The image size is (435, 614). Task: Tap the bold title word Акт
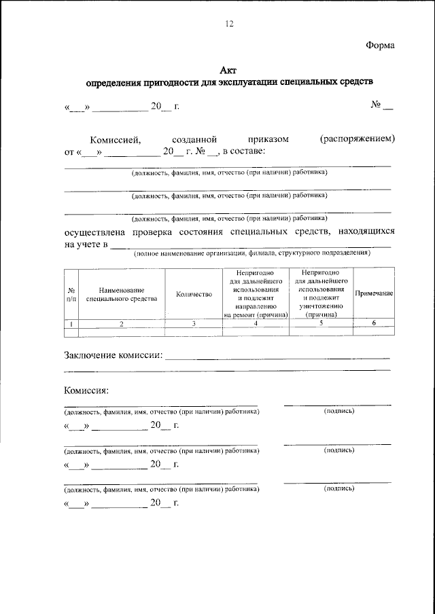click(x=229, y=69)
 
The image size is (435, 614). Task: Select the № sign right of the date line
click(x=375, y=106)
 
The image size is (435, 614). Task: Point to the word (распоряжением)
click(x=357, y=139)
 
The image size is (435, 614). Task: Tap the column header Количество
click(x=194, y=294)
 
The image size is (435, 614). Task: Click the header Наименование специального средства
click(x=122, y=294)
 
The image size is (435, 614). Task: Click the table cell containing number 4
click(x=256, y=324)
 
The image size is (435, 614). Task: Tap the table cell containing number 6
click(x=374, y=323)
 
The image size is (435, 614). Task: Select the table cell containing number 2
click(x=122, y=324)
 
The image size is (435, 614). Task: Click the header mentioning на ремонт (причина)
click(x=256, y=293)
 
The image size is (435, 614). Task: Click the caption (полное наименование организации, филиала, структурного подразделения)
click(x=251, y=253)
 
